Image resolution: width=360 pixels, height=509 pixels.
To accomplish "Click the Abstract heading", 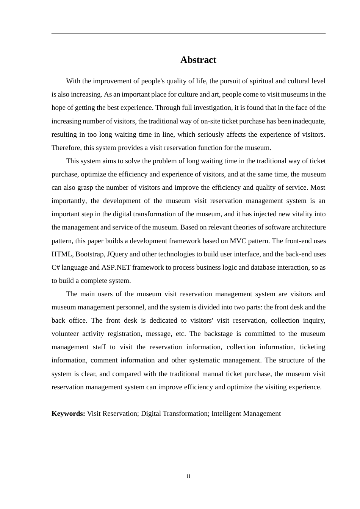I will coord(198,60).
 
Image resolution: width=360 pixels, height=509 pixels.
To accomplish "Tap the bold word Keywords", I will coord(68,414).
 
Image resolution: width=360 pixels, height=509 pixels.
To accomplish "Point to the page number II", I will coord(188,476).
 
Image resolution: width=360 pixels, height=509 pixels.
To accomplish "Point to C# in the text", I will coord(56,267).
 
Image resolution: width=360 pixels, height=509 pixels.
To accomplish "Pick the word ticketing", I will coord(312,347).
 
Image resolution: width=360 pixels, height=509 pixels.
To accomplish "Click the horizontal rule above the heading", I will coord(188,34).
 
